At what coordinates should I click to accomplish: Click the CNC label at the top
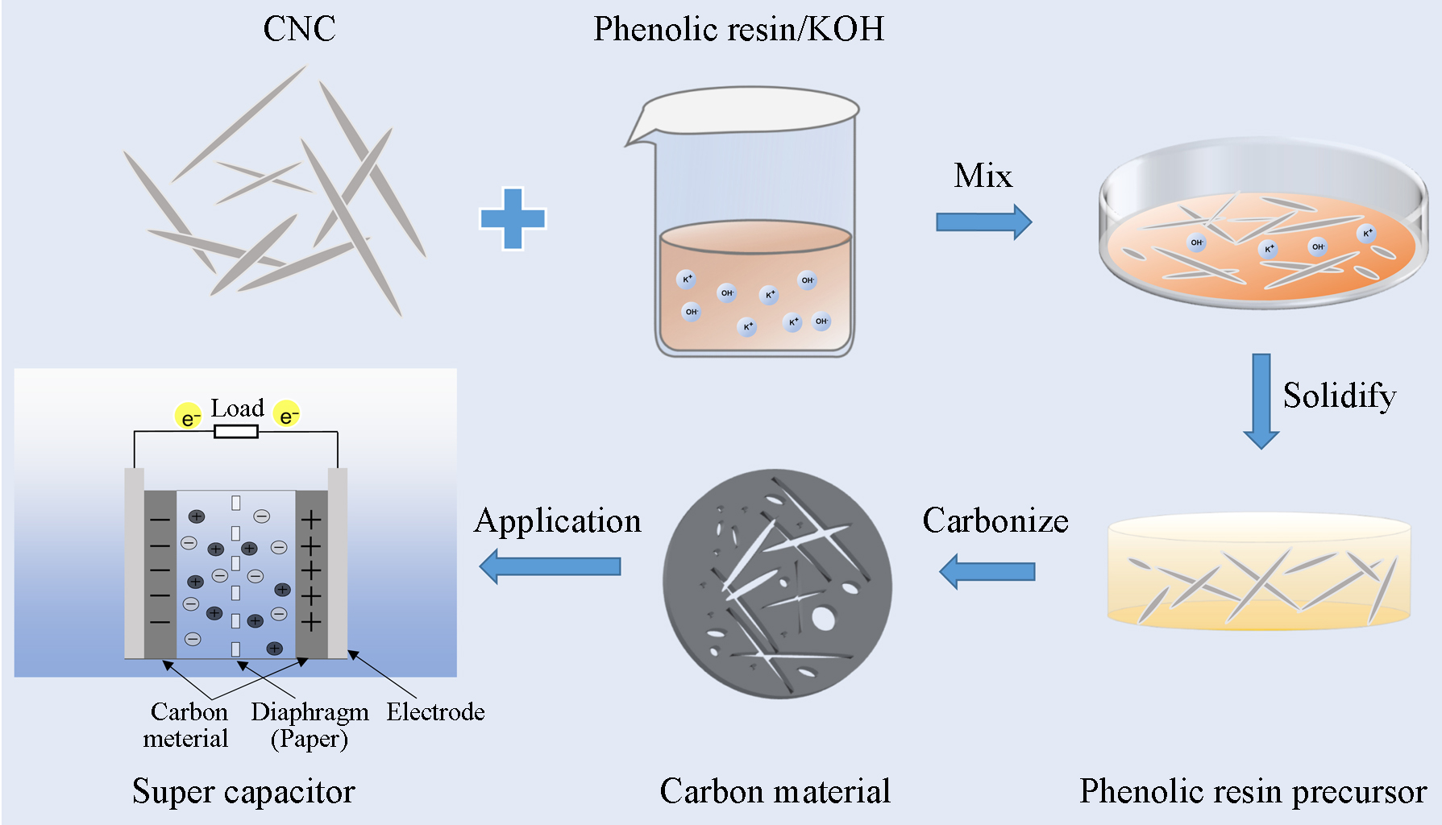(299, 29)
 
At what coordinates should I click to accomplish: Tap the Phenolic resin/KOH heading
(738, 29)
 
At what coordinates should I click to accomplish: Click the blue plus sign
(513, 218)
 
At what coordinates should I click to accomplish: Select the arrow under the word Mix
(983, 222)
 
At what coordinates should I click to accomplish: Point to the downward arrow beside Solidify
(1261, 400)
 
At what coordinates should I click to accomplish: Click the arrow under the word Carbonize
(987, 572)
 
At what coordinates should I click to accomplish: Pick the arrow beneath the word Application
(550, 566)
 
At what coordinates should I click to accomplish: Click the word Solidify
(1340, 396)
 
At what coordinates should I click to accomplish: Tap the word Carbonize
(995, 520)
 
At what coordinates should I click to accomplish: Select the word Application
(558, 522)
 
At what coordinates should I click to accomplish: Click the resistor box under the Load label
(236, 432)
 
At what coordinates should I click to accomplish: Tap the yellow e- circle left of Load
(189, 416)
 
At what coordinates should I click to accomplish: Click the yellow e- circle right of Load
(287, 414)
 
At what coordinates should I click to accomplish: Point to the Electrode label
(435, 712)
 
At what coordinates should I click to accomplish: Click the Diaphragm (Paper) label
(310, 725)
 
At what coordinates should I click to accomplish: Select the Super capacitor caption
(243, 792)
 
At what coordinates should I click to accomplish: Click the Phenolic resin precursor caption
(1253, 792)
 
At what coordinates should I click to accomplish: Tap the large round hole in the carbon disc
(823, 619)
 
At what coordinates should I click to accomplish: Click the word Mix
(983, 176)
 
